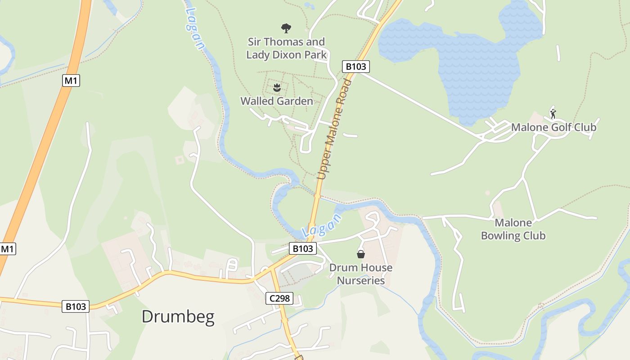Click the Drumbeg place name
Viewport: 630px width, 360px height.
(178, 317)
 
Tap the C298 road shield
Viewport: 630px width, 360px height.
(279, 298)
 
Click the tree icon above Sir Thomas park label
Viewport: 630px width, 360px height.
(286, 28)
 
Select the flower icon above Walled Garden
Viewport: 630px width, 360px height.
(277, 86)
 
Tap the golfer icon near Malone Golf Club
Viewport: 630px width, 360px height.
(553, 113)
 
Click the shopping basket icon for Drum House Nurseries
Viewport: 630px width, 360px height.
(361, 254)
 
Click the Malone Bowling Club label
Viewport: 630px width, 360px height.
(513, 229)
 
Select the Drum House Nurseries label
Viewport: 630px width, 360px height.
(361, 274)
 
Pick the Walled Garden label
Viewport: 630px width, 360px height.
(277, 101)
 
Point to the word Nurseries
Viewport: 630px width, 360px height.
(361, 280)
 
